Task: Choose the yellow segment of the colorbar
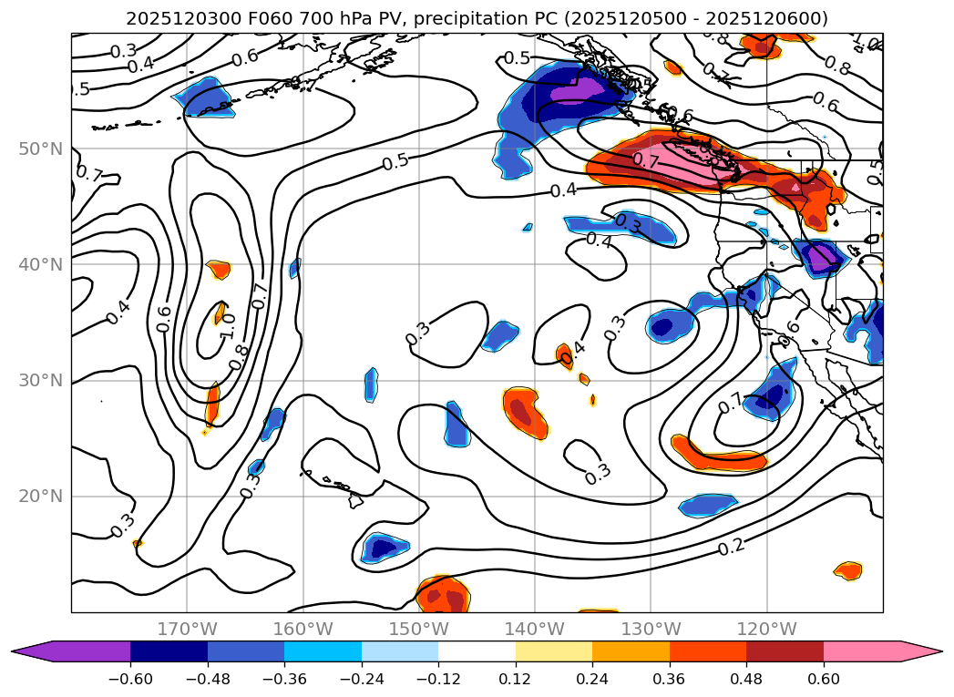553,651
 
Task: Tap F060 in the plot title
239,18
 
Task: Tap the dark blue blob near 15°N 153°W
382,548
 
